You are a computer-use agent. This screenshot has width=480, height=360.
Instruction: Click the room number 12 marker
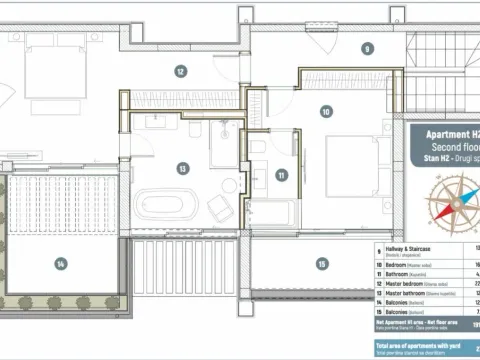click(x=181, y=71)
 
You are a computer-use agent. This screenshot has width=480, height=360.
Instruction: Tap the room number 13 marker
click(x=183, y=168)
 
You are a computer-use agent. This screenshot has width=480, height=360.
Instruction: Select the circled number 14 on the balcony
click(x=61, y=264)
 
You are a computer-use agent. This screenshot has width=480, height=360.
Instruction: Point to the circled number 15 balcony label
click(x=322, y=264)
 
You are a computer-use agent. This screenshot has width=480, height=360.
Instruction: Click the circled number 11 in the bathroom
click(x=282, y=175)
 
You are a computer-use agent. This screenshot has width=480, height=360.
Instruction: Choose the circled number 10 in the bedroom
click(x=326, y=112)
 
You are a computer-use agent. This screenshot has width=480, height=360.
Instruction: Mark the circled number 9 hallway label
click(x=367, y=48)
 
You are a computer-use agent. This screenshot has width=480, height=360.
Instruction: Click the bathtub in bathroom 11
click(x=271, y=214)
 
